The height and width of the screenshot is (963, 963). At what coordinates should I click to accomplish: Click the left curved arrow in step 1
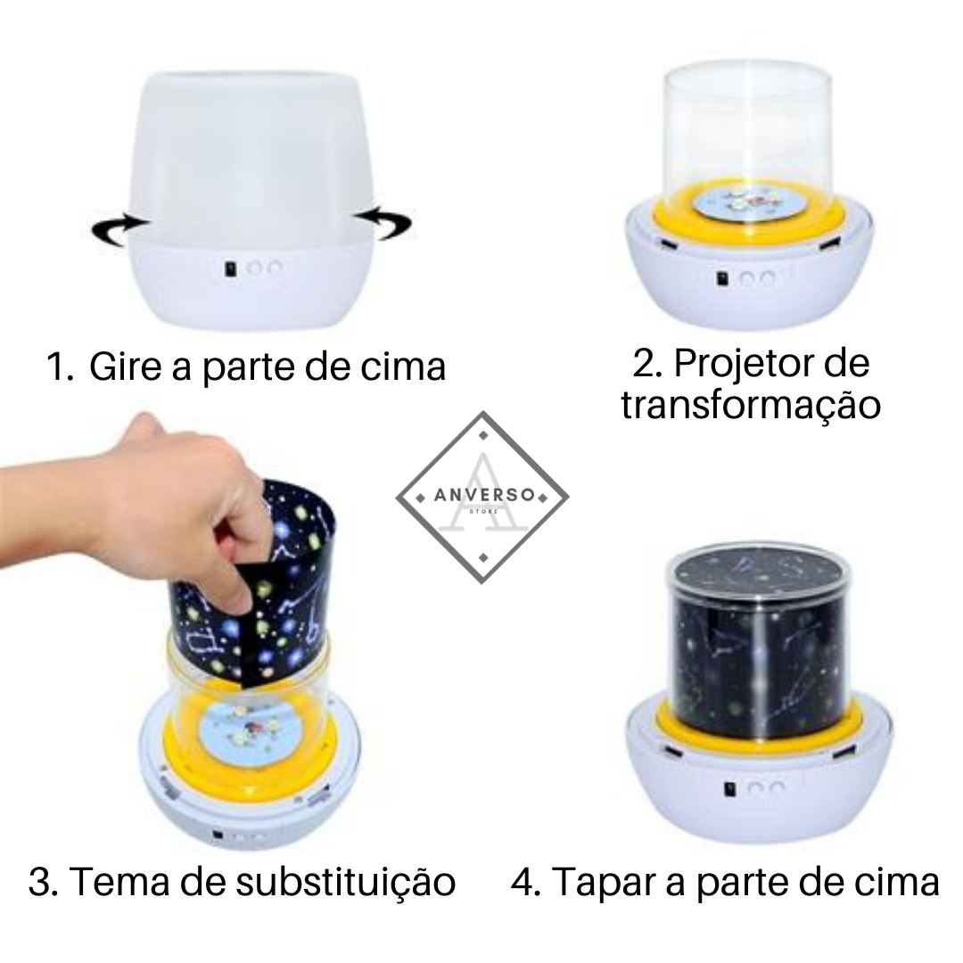click(117, 230)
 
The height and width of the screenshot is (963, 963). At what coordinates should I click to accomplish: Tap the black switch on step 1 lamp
click(232, 269)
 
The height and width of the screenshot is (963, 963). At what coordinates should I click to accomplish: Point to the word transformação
click(751, 406)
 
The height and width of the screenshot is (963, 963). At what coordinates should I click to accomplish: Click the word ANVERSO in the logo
click(484, 495)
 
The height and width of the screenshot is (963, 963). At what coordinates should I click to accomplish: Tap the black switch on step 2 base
click(723, 279)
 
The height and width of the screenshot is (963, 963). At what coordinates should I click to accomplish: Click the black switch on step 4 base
click(731, 789)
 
